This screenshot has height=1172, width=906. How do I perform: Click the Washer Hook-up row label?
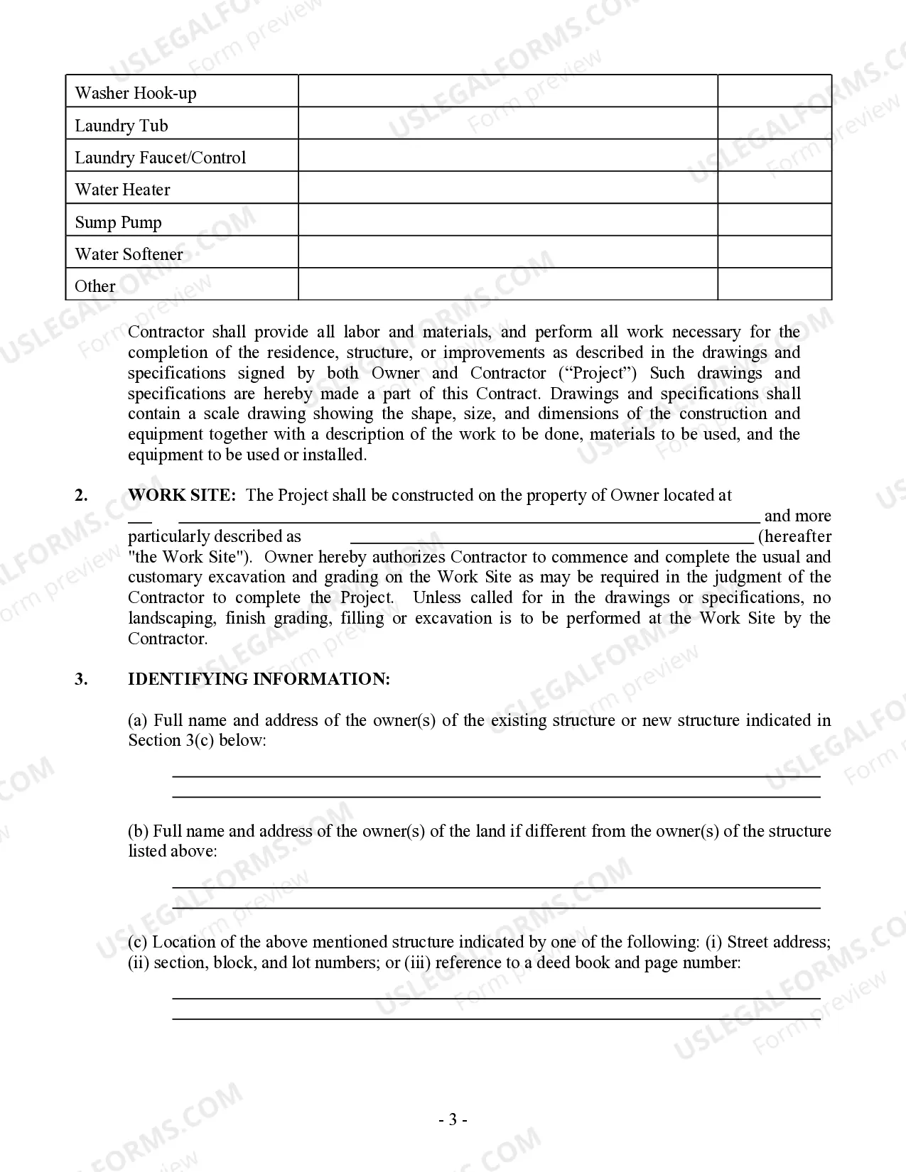click(136, 93)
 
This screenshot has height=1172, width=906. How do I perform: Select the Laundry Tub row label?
click(122, 126)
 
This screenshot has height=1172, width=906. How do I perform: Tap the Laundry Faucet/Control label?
click(161, 158)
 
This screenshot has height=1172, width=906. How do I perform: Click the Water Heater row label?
click(122, 190)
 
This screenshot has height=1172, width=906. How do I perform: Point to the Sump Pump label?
click(119, 222)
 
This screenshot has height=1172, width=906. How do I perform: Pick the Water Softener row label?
click(129, 254)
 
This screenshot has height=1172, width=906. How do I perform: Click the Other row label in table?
click(95, 286)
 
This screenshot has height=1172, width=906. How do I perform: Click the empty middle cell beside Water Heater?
click(507, 188)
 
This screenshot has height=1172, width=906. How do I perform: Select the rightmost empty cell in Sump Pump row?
click(774, 219)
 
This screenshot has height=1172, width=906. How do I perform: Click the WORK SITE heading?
click(181, 495)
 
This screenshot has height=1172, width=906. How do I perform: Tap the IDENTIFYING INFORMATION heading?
click(259, 679)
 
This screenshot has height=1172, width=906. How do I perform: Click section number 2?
click(82, 495)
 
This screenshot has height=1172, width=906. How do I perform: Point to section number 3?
click(82, 679)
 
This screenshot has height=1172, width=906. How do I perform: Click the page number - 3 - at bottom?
click(453, 1120)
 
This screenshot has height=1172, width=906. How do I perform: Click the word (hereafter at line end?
click(794, 536)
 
